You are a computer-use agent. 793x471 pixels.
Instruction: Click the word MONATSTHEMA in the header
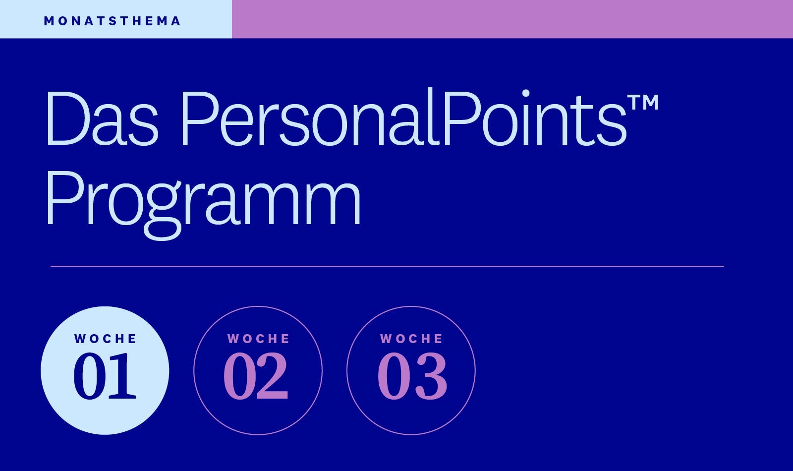(x=112, y=21)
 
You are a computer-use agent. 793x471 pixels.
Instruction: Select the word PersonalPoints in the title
(x=404, y=117)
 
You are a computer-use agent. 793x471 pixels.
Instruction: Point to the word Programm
(x=204, y=205)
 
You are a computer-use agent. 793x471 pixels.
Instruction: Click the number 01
(x=105, y=376)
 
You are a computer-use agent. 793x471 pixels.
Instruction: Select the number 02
(x=256, y=376)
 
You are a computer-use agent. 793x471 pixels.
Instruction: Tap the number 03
(x=412, y=376)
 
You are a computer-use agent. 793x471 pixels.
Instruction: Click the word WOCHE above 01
(x=105, y=339)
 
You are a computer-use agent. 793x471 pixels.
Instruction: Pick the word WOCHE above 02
(x=258, y=339)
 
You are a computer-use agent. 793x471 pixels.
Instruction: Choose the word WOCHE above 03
(x=411, y=339)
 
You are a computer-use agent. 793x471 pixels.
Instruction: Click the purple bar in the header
(x=512, y=19)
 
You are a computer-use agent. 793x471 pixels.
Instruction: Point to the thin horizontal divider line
(x=387, y=266)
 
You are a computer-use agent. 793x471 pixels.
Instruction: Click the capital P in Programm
(x=64, y=198)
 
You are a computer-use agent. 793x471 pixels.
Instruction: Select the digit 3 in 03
(x=431, y=376)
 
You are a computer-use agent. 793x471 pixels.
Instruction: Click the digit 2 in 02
(x=272, y=376)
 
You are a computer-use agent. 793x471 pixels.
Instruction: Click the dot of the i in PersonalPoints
(x=525, y=93)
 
